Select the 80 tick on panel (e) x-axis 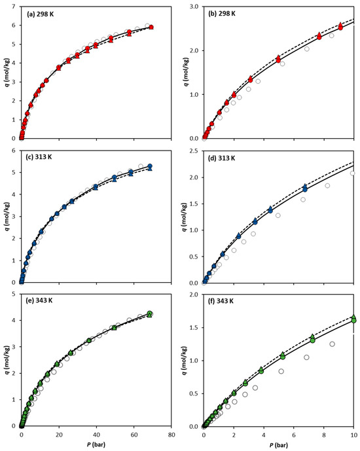tap(171, 433)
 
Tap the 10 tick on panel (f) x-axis tap(354, 433)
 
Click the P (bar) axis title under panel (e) tap(96, 444)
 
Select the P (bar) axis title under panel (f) tap(278, 444)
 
